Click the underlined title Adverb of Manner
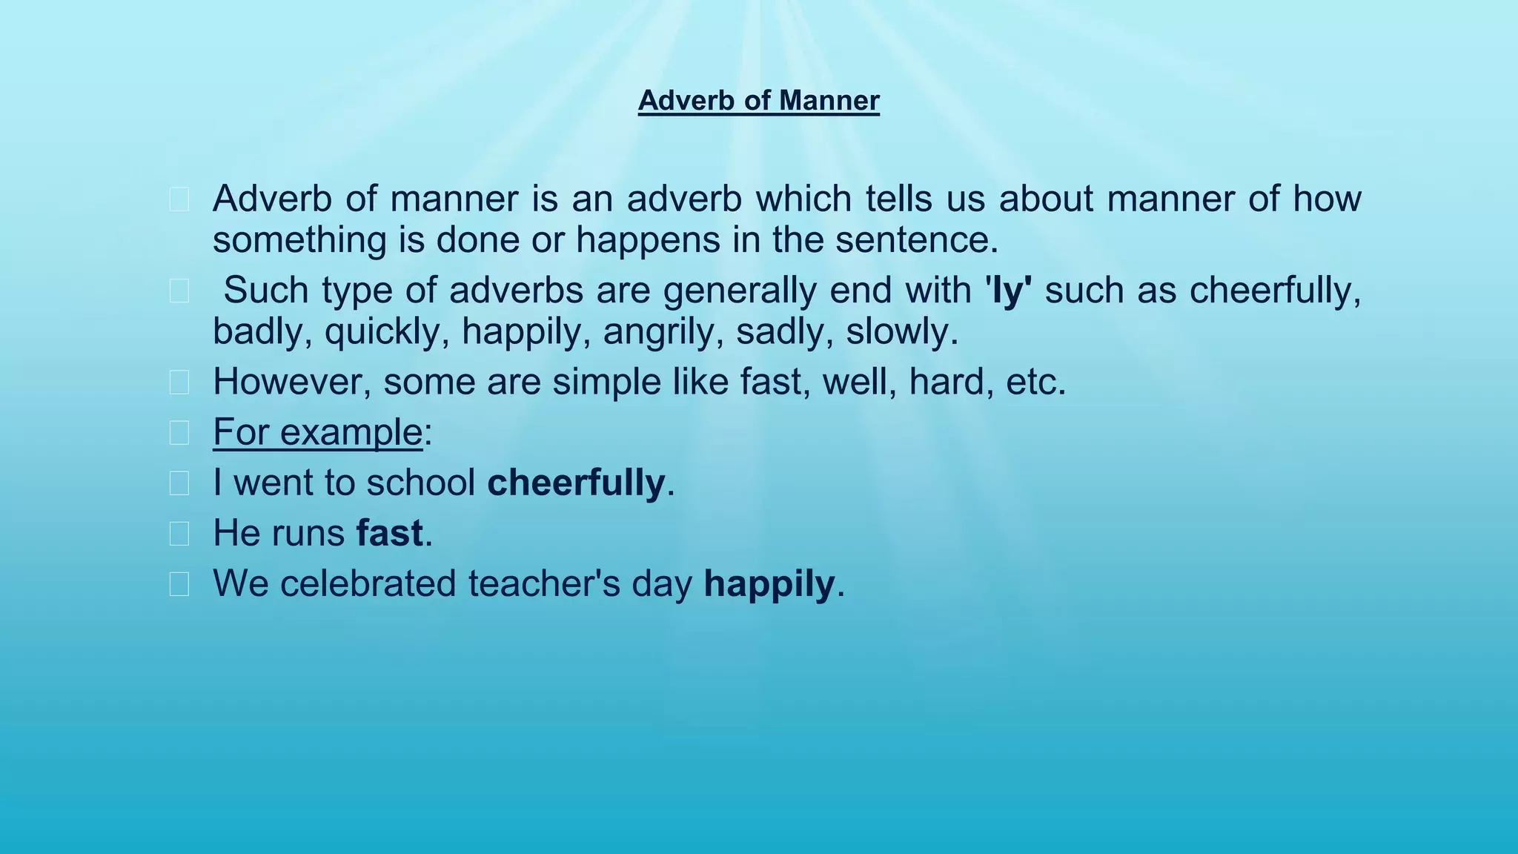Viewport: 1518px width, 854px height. pos(758,100)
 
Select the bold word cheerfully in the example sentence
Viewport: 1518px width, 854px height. pos(576,483)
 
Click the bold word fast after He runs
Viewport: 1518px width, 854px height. pos(390,533)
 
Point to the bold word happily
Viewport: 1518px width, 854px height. pos(769,583)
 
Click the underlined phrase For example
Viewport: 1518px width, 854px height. pos(317,432)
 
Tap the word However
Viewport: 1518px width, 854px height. pos(292,383)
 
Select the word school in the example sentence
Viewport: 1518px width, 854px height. pos(420,483)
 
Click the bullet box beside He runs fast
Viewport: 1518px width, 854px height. pos(179,534)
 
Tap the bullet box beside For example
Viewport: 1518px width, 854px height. pos(179,433)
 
